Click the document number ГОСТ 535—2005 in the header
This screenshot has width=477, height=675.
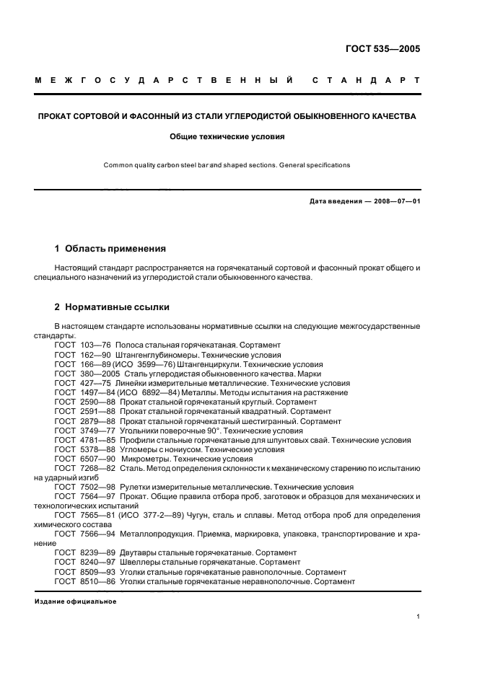pos(383,50)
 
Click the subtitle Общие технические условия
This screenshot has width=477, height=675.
pos(227,136)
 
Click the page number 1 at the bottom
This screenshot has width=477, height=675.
pos(419,617)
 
